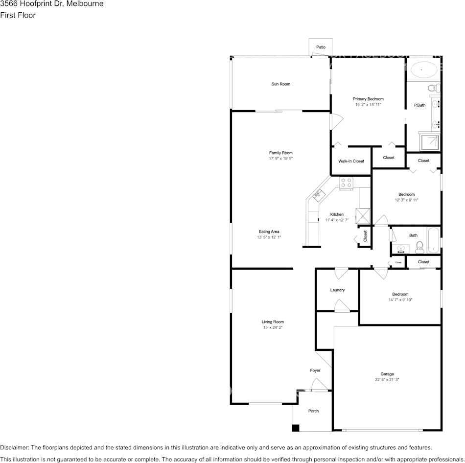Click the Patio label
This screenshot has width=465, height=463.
click(321, 47)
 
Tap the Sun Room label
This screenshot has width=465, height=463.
click(281, 84)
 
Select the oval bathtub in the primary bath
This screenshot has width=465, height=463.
click(424, 69)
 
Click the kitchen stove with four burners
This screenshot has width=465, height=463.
click(346, 184)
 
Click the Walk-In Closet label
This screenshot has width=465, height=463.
click(351, 161)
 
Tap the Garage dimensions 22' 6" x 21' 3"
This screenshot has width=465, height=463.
click(387, 379)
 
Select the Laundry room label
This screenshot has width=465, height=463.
click(337, 290)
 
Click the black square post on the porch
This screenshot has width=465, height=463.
click(296, 428)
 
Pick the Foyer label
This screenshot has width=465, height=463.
click(315, 370)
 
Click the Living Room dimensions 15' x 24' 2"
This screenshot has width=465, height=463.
click(273, 327)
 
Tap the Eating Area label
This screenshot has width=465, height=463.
click(269, 231)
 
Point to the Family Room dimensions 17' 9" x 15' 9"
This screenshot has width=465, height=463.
click(281, 159)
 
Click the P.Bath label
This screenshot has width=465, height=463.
click(419, 105)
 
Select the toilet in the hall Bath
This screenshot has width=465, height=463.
click(419, 248)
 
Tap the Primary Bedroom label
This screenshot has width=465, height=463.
click(368, 99)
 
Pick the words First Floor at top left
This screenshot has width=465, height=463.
click(18, 15)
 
